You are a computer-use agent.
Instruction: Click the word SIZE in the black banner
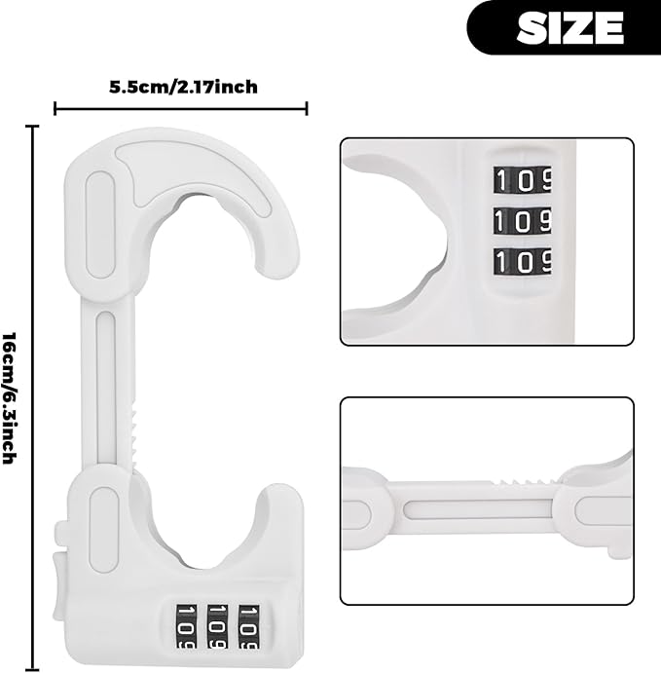click(x=569, y=27)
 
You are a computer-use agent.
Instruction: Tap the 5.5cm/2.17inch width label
click(x=183, y=87)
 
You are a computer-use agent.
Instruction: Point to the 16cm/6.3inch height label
click(x=11, y=396)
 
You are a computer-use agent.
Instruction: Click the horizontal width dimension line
click(x=181, y=109)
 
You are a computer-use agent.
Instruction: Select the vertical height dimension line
click(x=34, y=396)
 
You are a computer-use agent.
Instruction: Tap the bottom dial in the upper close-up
click(x=522, y=260)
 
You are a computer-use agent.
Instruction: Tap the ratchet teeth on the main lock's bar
click(x=133, y=430)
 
